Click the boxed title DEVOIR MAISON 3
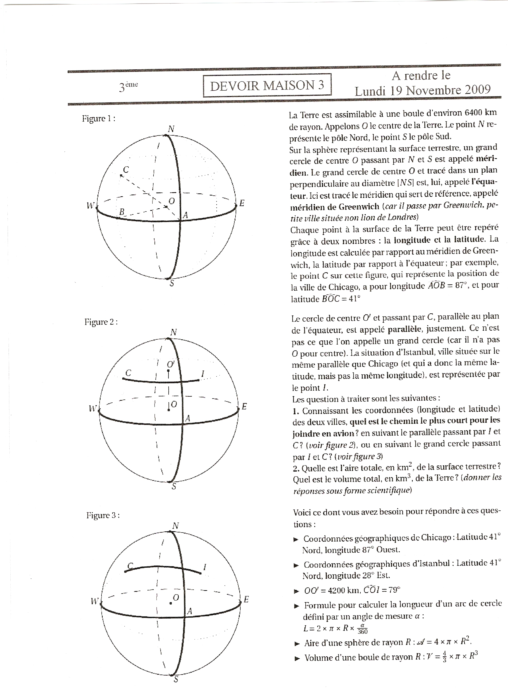(267, 85)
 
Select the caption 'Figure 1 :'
(98, 119)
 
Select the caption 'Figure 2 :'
(101, 322)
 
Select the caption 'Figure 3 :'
(103, 515)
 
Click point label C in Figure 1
(126, 170)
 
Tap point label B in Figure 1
(122, 212)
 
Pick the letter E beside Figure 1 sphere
(242, 203)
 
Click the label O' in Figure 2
(171, 364)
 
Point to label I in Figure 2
(203, 374)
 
